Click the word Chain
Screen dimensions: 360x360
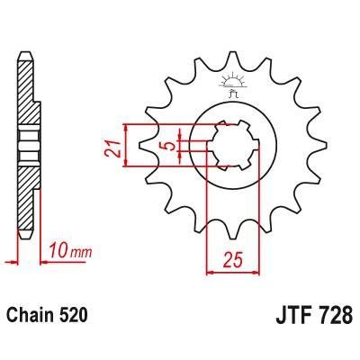(31, 317)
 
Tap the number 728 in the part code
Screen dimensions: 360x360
(336, 317)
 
